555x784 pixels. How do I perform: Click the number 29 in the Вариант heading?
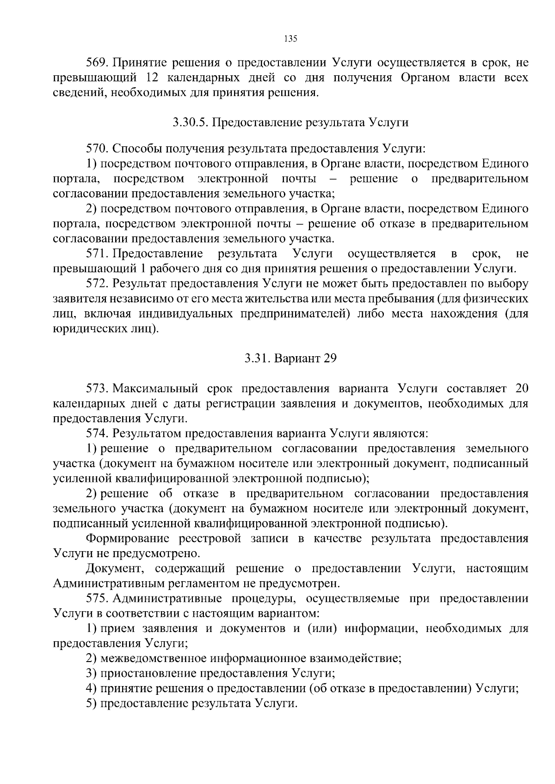pos(329,359)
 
